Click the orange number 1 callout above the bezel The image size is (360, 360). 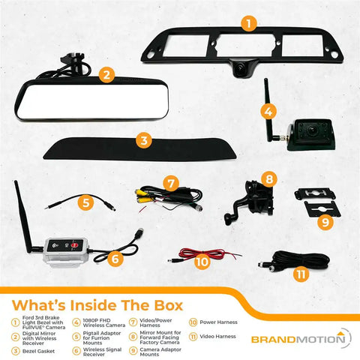tap(247, 23)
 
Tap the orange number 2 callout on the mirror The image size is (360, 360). tap(106, 74)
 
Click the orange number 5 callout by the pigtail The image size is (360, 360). tap(86, 202)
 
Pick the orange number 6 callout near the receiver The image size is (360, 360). tap(115, 258)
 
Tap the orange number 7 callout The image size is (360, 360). tap(171, 182)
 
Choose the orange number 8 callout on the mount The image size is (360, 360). tap(270, 179)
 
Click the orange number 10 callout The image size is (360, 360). tap(200, 262)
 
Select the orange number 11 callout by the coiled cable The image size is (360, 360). tap(301, 274)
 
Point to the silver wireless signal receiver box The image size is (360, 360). tap(72, 248)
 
